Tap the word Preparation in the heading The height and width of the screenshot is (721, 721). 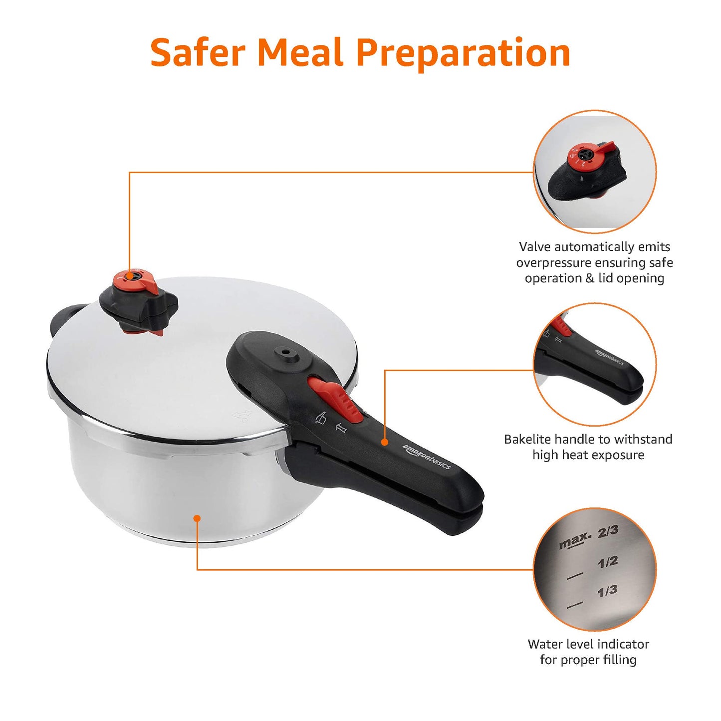click(x=463, y=54)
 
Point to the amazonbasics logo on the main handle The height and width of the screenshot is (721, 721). click(x=427, y=456)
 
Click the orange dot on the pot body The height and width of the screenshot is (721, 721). click(x=197, y=518)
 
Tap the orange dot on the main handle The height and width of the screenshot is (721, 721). click(x=385, y=442)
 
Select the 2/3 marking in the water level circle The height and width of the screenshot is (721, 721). click(x=608, y=531)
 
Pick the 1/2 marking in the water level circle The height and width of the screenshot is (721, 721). click(x=607, y=562)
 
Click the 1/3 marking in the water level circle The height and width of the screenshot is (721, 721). click(x=607, y=592)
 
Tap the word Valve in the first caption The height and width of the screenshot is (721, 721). click(x=535, y=247)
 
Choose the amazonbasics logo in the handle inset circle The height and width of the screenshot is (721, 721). click(x=610, y=357)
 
